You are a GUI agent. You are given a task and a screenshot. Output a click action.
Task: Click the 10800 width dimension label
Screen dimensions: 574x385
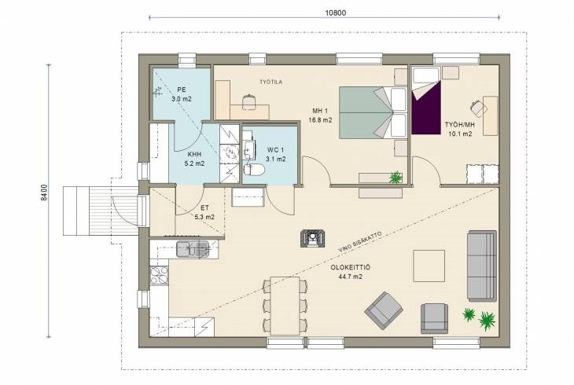tap(335, 13)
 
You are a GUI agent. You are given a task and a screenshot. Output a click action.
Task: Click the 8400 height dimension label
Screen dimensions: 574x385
tap(43, 192)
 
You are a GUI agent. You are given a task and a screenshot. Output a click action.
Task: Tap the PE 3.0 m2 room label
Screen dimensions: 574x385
tap(181, 94)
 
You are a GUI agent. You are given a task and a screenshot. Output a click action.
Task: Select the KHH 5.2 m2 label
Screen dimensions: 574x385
tap(194, 159)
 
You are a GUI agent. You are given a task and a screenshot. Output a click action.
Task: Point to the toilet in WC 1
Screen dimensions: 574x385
tap(254, 170)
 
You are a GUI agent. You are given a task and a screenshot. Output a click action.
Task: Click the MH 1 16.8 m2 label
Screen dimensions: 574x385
tap(320, 115)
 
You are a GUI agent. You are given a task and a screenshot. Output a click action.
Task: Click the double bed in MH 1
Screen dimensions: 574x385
tap(373, 112)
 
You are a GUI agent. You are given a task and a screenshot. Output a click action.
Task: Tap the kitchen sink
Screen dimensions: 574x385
tap(192, 249)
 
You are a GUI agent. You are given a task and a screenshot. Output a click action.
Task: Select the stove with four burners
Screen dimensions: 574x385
tap(160, 275)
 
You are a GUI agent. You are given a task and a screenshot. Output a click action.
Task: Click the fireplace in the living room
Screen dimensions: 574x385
tap(312, 239)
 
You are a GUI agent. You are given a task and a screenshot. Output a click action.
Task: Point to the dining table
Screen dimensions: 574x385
tap(285, 306)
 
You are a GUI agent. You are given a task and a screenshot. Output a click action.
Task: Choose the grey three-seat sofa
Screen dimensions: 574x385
tap(482, 266)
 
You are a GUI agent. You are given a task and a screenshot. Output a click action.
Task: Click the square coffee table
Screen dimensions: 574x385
tap(429, 266)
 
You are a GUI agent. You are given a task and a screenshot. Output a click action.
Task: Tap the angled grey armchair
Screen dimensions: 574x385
tap(384, 310)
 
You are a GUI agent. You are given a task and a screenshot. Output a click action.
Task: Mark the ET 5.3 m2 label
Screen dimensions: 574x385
tap(204, 212)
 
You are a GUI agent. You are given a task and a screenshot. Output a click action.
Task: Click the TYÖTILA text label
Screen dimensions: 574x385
tap(271, 82)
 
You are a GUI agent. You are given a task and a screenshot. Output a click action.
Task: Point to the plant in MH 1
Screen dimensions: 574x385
tap(396, 178)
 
